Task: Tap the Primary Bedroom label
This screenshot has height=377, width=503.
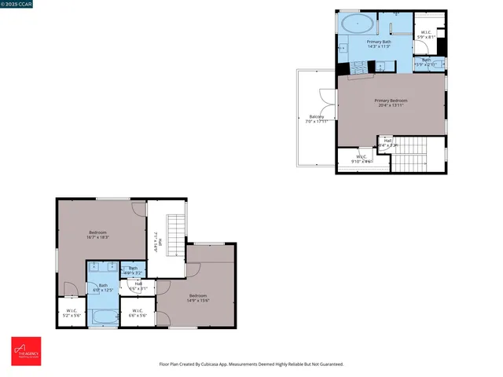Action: [391, 103]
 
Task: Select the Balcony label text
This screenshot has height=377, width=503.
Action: [316, 119]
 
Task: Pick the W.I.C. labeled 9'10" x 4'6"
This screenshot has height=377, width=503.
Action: [362, 159]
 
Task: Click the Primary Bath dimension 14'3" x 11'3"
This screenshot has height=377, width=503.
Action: [380, 46]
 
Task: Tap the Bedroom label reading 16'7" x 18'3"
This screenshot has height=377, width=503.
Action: [97, 235]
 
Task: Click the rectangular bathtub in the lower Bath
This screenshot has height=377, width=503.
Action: [102, 317]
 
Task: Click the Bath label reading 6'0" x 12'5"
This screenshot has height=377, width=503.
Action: [103, 288]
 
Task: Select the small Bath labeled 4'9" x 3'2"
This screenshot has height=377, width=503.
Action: [133, 271]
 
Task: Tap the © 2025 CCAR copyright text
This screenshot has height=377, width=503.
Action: [17, 4]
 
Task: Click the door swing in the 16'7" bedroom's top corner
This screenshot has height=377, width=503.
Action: [138, 208]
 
